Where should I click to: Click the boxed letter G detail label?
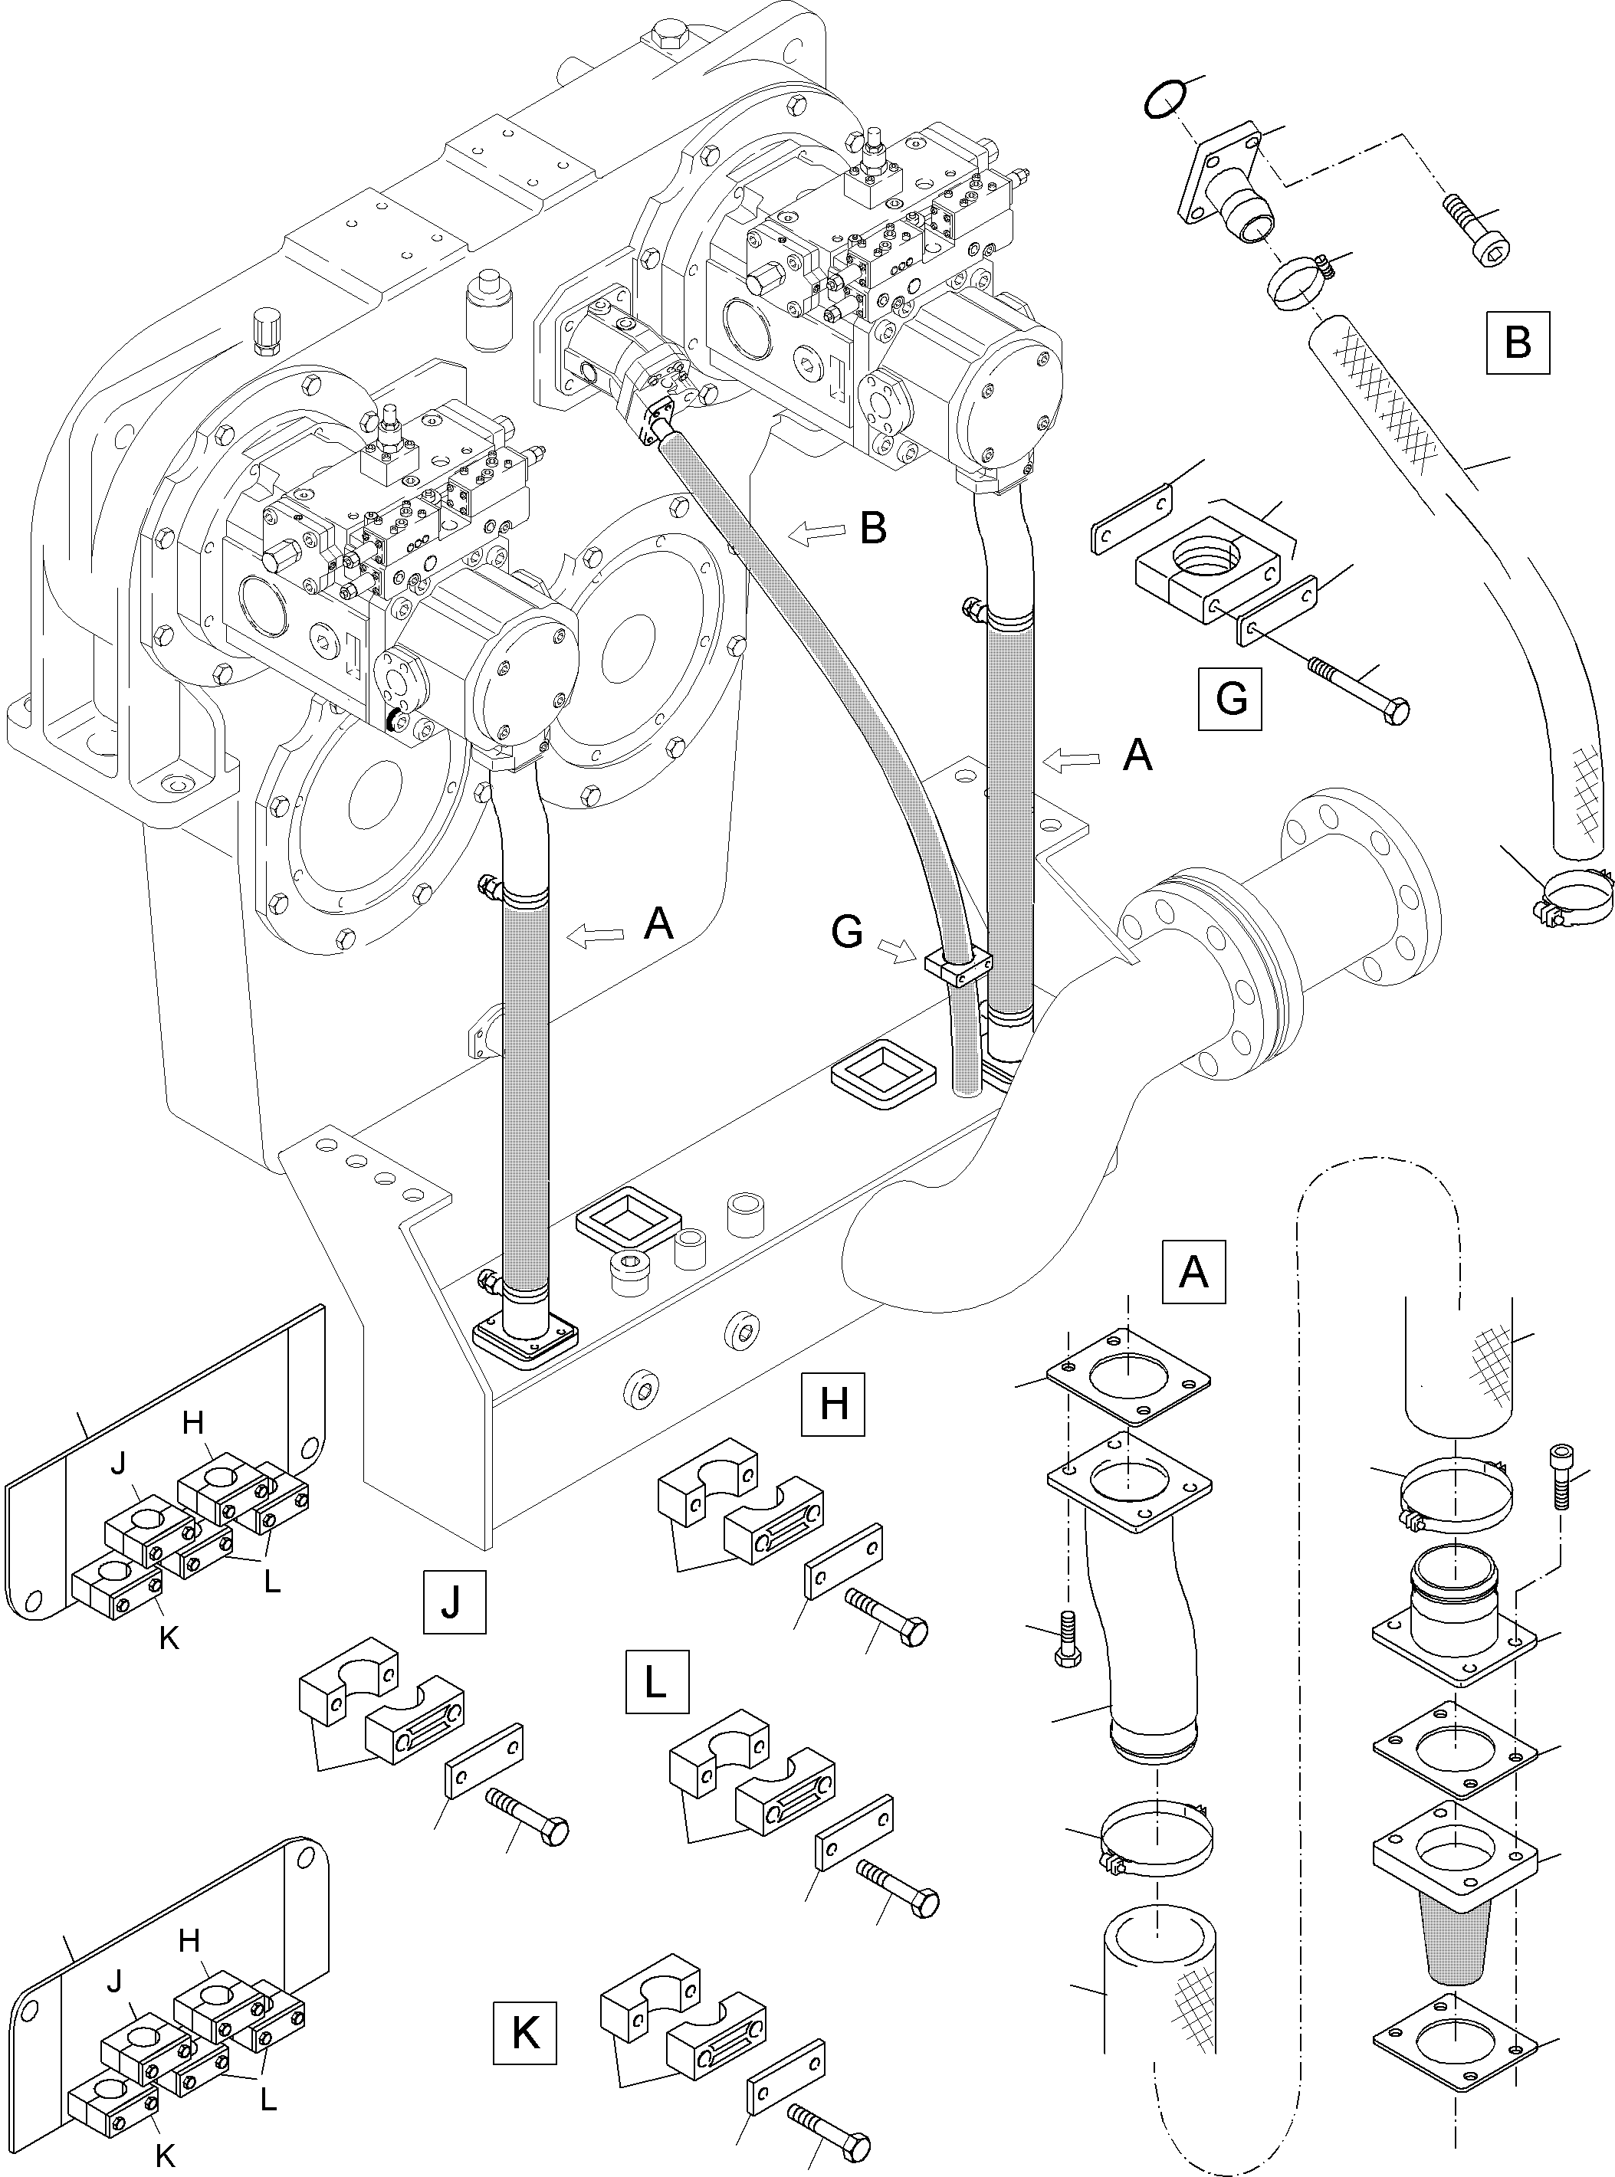tap(1229, 699)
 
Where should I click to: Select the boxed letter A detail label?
tap(1193, 1272)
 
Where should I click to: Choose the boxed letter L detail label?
tap(656, 1682)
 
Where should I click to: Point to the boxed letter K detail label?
tap(525, 2031)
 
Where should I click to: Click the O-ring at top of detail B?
tap(1167, 100)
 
